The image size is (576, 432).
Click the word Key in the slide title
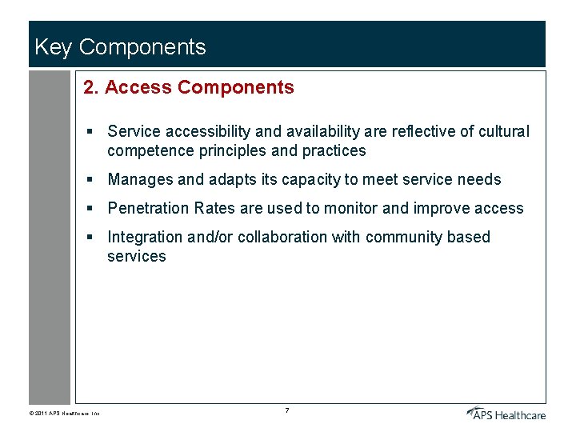(x=53, y=47)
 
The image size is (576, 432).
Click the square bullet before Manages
(x=92, y=180)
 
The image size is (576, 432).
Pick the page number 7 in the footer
(x=286, y=410)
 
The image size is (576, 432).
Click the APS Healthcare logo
(x=506, y=412)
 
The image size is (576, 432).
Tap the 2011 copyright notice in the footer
(x=63, y=414)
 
